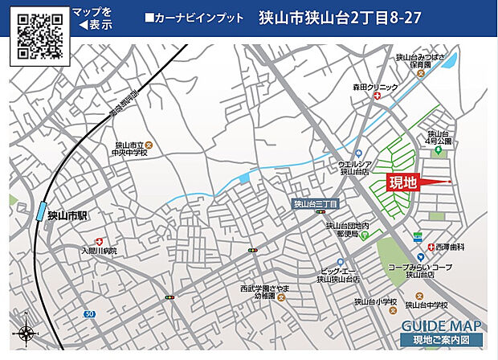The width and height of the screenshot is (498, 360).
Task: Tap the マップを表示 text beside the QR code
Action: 92,18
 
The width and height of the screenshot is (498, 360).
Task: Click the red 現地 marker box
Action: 402,182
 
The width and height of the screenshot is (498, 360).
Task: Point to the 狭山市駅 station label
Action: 66,215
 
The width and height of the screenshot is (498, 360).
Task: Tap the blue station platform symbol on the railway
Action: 40,211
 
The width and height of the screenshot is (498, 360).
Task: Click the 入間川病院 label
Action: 98,252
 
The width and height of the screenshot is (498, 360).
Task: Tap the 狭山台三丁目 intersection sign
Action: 315,204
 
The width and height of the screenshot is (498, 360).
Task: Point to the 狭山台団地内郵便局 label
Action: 348,231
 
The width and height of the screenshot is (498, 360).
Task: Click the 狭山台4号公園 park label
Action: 440,138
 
